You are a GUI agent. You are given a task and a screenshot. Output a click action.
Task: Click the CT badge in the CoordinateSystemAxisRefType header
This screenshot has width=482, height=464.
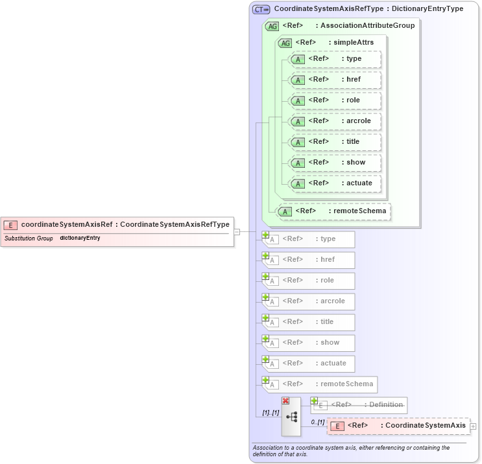coord(261,9)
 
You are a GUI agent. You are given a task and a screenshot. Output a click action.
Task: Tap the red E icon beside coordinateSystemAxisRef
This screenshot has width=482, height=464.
coord(10,225)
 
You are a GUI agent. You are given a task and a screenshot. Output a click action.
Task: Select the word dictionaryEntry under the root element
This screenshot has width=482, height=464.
coord(80,238)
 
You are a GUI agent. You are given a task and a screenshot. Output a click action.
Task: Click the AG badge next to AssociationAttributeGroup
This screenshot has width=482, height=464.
coord(272,26)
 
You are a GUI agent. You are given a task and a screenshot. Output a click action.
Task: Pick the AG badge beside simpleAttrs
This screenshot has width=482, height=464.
coord(285,43)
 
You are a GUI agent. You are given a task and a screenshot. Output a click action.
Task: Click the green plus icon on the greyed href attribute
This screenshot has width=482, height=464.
coord(265,256)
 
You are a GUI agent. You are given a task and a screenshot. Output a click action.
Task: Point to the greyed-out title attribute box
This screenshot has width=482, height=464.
coord(307,322)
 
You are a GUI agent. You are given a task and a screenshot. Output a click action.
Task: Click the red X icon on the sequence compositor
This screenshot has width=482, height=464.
coord(285,401)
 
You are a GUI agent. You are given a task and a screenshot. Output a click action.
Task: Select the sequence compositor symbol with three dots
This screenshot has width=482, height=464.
coord(291,417)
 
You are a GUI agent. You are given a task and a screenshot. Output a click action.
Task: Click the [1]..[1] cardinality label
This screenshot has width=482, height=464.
coord(270,412)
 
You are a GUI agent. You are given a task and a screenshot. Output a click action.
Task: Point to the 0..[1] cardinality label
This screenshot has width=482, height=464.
coord(317,422)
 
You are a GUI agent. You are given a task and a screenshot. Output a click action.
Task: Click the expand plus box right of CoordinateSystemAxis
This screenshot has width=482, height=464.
coord(473,426)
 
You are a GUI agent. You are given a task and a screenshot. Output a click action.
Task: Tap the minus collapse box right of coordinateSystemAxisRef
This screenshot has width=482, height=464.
coord(237,231)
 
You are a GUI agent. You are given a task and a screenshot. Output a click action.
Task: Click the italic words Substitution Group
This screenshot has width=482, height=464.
coord(29,238)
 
